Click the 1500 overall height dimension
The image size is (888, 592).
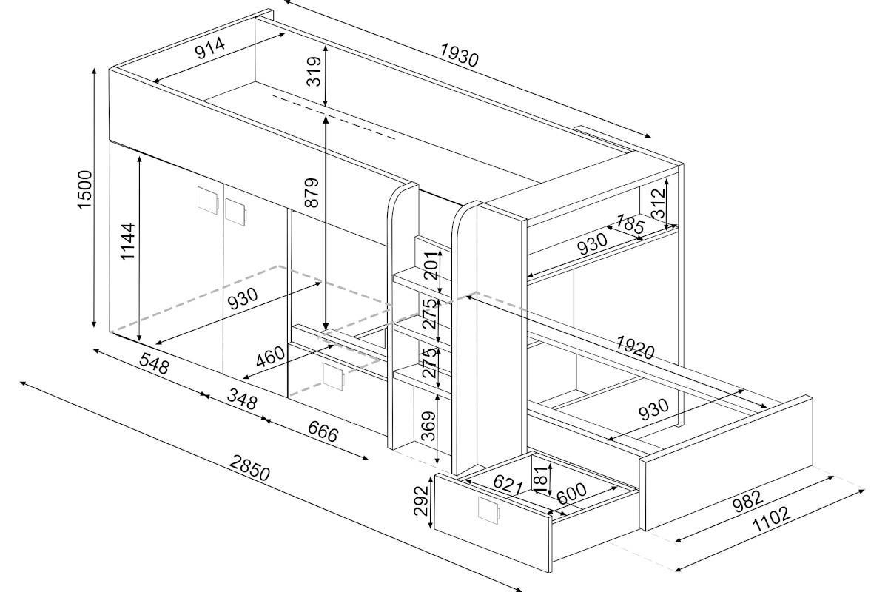coord(85,189)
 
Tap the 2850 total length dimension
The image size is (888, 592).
coord(249,468)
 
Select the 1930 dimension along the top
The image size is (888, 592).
coord(460,55)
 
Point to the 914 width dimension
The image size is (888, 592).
coord(209,48)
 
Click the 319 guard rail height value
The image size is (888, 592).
coord(314,71)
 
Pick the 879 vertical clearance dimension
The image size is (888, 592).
coord(312,192)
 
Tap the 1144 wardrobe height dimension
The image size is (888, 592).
coord(127,241)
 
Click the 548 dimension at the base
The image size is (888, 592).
coord(154,363)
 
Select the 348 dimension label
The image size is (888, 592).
coord(242,399)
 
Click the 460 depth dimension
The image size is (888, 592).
coord(270,357)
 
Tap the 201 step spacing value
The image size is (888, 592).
coord(432,264)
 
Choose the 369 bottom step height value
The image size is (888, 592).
coord(428,426)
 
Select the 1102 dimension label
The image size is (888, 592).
coord(771,519)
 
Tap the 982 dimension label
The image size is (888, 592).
coord(747,502)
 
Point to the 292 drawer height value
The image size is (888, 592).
coord(421,501)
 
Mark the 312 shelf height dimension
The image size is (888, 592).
coord(659,203)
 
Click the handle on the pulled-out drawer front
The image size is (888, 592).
coord(488,511)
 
